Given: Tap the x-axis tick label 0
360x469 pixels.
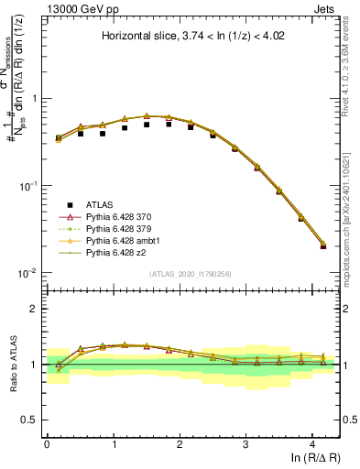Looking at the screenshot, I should tap(47, 443).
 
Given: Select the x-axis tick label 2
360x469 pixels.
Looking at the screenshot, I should tap(180, 443).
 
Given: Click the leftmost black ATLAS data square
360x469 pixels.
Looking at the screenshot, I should tap(59, 137).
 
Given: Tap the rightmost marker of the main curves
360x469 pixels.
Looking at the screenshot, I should tap(323, 245).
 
